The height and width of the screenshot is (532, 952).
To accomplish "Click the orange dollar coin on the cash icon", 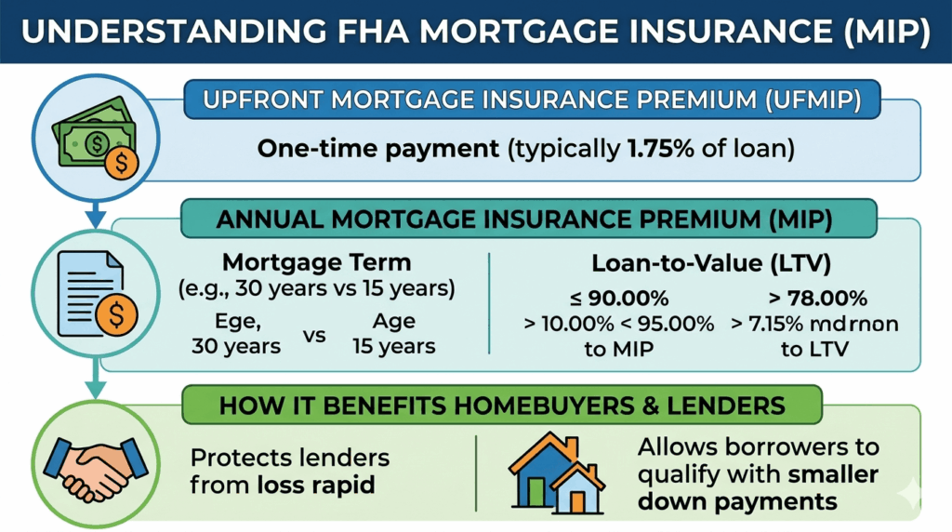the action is coord(122,162).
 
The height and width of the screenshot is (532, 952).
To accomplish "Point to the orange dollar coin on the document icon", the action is coord(116,314).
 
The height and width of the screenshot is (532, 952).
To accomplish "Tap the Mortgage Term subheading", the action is coord(317,263).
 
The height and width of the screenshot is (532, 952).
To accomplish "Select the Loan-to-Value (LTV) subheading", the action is coord(711,263).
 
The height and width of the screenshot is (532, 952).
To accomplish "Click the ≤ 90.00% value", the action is coord(619,299).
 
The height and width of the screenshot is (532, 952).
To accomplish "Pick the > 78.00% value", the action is coord(818,299).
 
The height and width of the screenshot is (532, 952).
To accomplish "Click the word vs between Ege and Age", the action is coord(314,335).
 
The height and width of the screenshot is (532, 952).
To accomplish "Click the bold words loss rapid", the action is coord(315,485).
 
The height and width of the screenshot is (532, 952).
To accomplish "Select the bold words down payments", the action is coord(737,501).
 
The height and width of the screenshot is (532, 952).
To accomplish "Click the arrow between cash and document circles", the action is coord(96,214).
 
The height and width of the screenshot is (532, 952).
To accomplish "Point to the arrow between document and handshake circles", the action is coord(96,378).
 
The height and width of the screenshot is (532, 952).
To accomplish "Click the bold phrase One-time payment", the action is coord(378,149).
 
